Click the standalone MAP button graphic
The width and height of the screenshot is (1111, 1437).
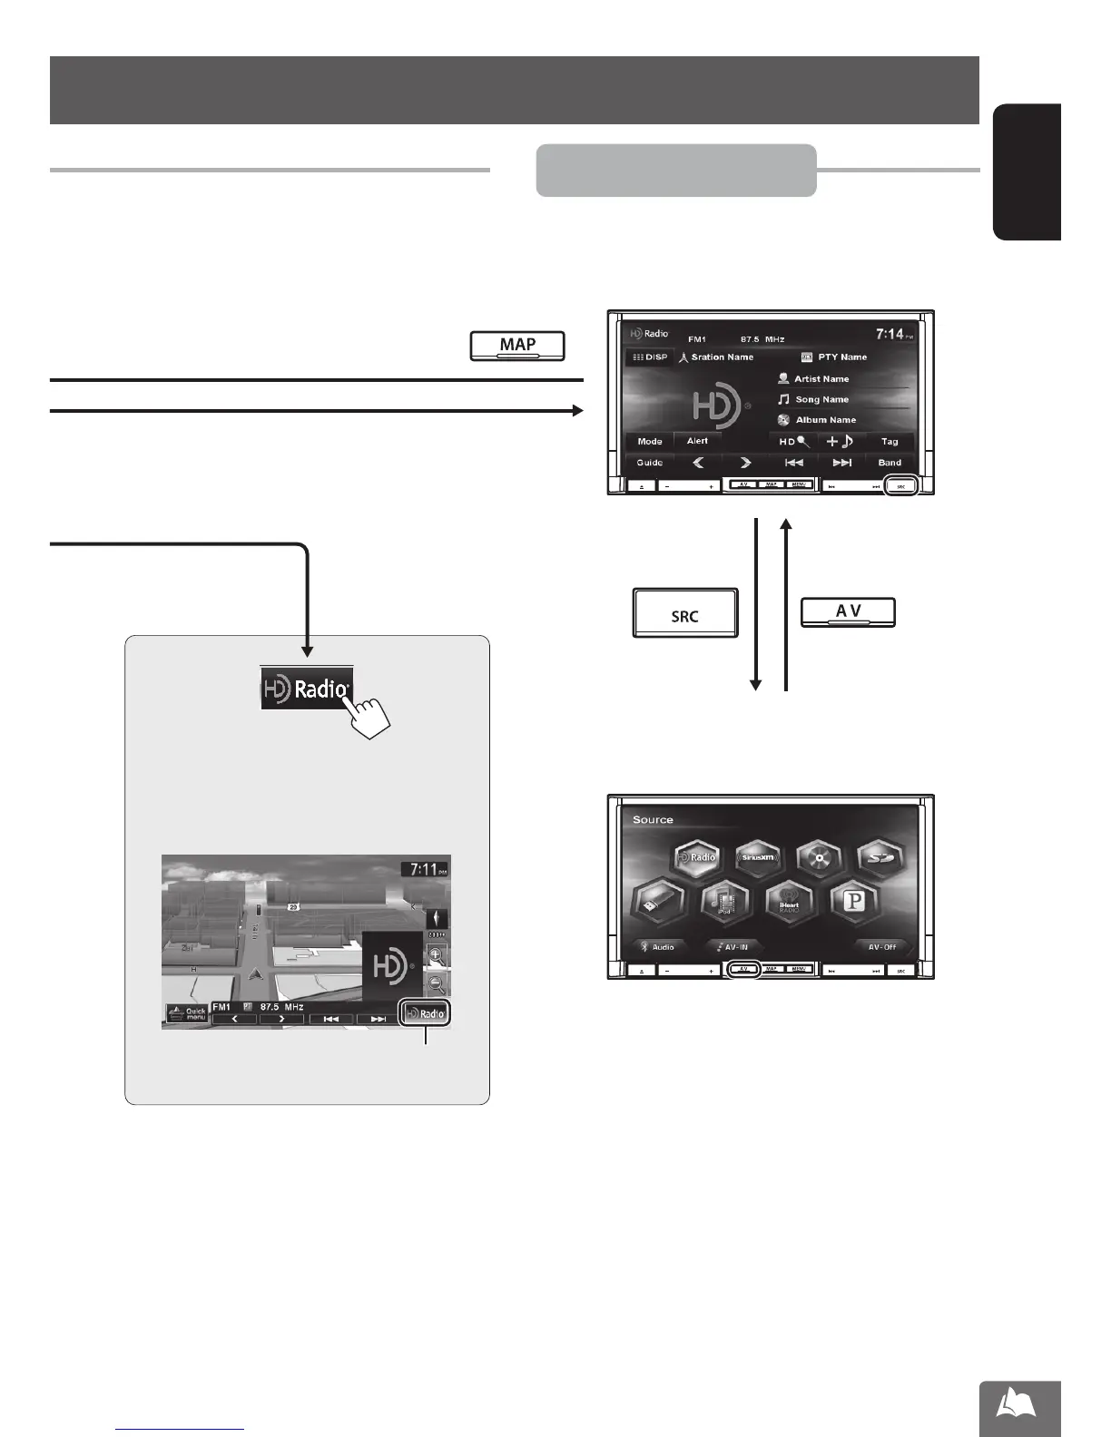tap(517, 346)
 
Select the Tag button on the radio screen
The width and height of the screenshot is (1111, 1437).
tap(889, 442)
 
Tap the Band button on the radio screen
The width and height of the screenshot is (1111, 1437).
tap(889, 463)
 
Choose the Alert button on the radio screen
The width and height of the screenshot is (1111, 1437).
tap(697, 442)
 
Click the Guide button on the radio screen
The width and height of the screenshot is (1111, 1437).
tap(649, 463)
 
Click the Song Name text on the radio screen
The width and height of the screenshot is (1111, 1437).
tap(821, 399)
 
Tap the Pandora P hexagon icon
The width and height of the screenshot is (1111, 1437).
tap(854, 902)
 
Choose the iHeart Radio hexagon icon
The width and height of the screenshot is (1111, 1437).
tap(788, 902)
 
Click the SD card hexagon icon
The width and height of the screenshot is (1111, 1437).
tap(881, 857)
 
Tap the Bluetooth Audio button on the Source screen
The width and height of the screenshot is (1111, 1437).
tap(657, 946)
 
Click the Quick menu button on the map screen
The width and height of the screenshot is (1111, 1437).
tap(186, 1014)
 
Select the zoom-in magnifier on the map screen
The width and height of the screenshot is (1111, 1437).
tap(437, 955)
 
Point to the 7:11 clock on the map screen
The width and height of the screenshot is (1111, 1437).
tap(425, 869)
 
